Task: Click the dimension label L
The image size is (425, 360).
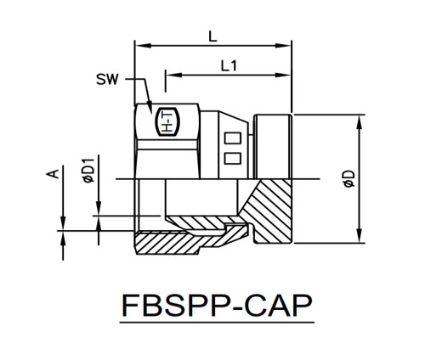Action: click(212, 37)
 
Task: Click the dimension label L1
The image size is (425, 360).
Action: click(229, 66)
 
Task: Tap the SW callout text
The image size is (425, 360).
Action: click(107, 79)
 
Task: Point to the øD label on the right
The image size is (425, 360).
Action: click(349, 179)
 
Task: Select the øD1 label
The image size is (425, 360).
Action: click(89, 171)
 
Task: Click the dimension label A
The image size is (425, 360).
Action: click(53, 174)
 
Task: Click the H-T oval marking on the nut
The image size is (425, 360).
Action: click(168, 122)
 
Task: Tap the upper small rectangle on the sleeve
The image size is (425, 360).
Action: click(233, 138)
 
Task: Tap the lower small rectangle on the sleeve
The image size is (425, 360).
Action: click(233, 158)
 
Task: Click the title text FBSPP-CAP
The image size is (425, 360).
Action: click(217, 306)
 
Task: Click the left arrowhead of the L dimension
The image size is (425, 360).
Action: click(143, 46)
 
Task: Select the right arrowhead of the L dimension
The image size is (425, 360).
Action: click(283, 46)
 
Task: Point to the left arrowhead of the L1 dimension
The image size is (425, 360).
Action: click(173, 75)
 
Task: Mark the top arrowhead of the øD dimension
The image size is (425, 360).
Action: click(360, 123)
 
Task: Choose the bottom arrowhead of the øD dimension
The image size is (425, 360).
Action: click(360, 235)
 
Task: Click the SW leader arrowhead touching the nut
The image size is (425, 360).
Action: click(150, 108)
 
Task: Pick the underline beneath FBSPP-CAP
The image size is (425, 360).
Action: click(217, 323)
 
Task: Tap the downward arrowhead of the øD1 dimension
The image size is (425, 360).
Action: click(99, 208)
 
